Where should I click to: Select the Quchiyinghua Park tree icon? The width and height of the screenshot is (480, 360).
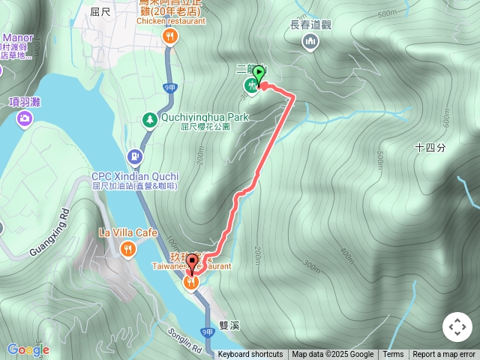[151, 119]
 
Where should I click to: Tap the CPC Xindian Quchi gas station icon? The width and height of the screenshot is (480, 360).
[135, 157]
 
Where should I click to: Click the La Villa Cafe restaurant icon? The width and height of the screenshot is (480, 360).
[128, 249]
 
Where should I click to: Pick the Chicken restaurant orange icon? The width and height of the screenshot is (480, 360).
[171, 37]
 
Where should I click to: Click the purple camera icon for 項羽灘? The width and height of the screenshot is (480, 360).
[25, 118]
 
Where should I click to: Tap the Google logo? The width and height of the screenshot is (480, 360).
[28, 349]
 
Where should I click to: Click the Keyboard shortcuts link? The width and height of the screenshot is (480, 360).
[250, 355]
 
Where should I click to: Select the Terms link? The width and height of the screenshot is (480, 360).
[393, 355]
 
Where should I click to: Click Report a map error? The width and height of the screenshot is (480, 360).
[444, 355]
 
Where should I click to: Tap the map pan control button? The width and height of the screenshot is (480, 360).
[457, 327]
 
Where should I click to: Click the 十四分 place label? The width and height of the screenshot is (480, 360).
[430, 148]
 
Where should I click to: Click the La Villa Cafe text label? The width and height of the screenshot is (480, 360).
[128, 233]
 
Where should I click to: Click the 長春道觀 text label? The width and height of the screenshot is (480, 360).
[310, 24]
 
